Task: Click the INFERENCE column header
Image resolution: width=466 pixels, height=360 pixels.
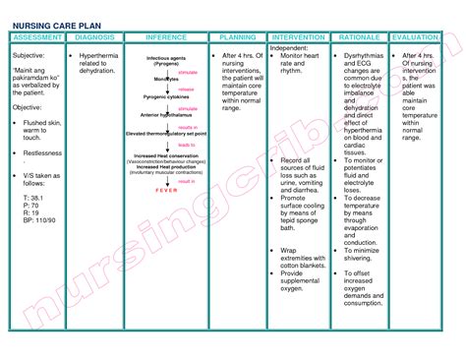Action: point(166,36)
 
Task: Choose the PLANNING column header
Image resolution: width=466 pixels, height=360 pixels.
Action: point(237,36)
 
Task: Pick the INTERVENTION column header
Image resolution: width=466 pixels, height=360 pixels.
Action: point(300,36)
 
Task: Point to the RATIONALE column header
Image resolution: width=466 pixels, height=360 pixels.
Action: point(359,36)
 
